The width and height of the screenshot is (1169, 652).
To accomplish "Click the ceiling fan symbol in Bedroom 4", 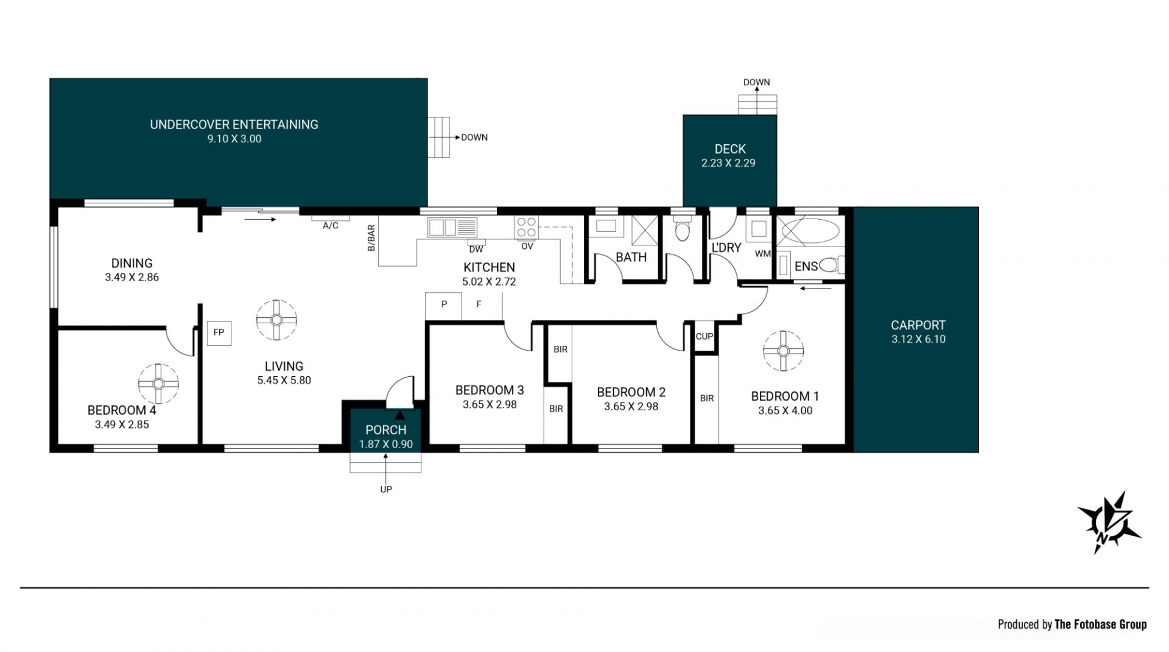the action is (158, 384).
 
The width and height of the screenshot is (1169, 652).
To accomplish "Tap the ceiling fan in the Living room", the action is (276, 320).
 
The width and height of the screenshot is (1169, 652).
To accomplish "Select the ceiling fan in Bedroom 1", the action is (784, 351).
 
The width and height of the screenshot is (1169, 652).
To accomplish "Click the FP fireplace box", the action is (219, 333).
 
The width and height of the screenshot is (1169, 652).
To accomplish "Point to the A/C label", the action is (331, 226).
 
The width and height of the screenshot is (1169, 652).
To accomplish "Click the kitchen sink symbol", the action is (452, 228).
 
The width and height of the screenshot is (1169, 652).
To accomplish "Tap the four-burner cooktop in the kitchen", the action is (527, 228).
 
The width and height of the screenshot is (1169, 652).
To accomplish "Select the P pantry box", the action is (444, 306).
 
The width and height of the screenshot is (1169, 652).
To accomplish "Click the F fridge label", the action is (479, 304).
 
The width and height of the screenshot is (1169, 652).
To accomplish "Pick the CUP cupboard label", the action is (704, 336).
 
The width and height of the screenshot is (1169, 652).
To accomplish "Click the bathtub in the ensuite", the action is (810, 231).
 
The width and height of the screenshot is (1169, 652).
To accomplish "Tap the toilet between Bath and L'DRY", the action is (683, 228).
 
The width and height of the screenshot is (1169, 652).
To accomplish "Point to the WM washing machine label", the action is (762, 254).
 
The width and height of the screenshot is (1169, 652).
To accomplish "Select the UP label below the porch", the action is (386, 489).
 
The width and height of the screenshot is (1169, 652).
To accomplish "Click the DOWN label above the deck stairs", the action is (757, 82).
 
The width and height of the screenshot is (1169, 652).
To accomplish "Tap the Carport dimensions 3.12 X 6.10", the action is (918, 340).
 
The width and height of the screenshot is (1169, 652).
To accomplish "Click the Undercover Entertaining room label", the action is (234, 125).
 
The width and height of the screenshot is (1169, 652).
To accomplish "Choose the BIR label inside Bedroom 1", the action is (707, 398).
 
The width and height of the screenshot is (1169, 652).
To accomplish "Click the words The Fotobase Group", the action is (1101, 625).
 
